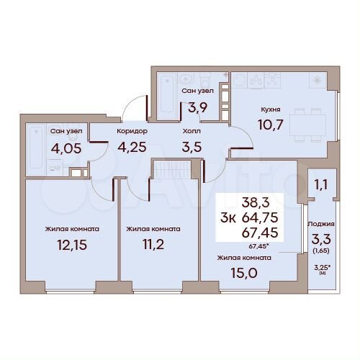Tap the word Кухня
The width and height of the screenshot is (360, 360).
click(270, 110)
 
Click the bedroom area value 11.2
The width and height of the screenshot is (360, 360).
click(153, 246)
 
